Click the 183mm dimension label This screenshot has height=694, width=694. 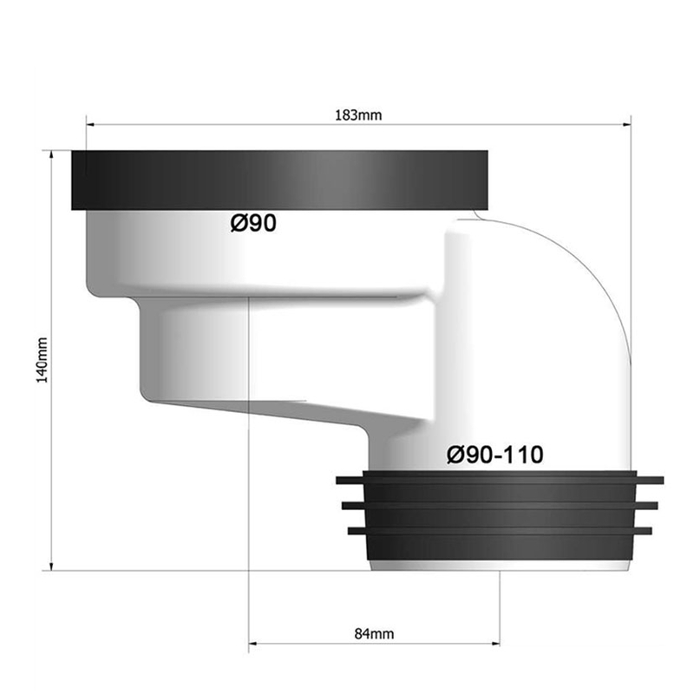point(358,115)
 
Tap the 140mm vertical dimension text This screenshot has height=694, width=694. point(42,360)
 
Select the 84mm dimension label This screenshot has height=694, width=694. point(374,634)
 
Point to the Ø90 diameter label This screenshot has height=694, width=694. point(253,223)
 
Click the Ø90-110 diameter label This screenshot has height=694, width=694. point(494,455)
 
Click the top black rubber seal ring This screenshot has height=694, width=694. point(279,180)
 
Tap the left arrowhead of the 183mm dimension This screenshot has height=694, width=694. point(91,125)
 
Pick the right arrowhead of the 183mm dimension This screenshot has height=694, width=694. point(626,125)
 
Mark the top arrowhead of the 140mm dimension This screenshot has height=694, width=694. point(52,155)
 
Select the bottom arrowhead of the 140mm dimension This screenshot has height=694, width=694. point(52,566)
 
